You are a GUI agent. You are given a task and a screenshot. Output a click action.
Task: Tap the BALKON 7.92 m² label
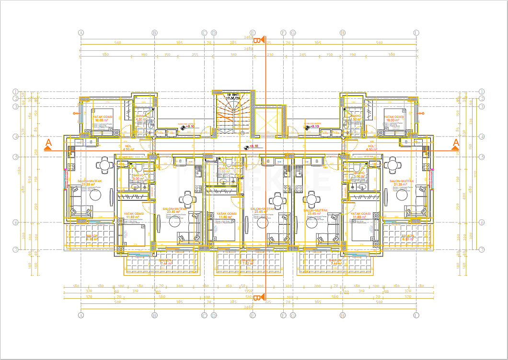[248, 262]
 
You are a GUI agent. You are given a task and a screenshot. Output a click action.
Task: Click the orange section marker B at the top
[257, 40]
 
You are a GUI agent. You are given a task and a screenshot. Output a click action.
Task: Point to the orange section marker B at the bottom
[257, 298]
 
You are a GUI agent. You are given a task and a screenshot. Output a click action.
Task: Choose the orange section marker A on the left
[48, 143]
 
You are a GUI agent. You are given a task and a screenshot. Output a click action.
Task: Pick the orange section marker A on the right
[456, 143]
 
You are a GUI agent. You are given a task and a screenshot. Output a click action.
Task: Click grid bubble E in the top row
[253, 33]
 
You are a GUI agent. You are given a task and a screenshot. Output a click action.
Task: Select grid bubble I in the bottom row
[416, 315]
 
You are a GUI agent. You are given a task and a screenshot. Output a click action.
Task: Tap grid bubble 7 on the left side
[15, 249]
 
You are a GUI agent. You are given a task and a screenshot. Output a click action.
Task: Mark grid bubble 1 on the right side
[482, 92]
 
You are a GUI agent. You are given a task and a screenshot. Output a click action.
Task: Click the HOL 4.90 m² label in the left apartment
[128, 148]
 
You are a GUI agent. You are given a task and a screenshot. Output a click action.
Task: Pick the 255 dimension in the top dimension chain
[195, 55]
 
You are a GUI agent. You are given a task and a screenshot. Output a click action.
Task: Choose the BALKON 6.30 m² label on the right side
[408, 237]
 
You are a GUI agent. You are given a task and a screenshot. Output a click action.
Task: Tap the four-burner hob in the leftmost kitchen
[71, 167]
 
